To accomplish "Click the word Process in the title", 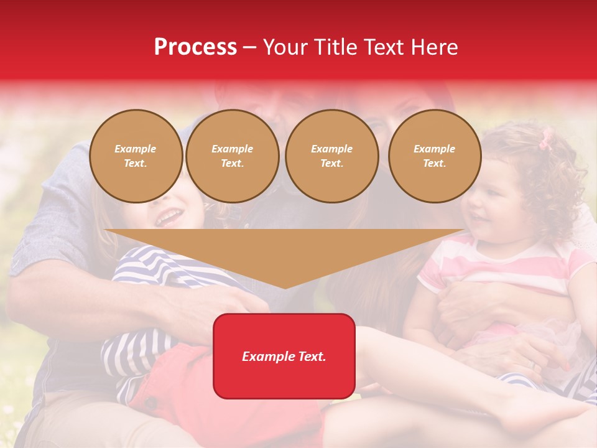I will pos(195,47).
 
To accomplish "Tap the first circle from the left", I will pos(136,156).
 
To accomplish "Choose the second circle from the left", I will pos(232,156).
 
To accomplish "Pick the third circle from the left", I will pos(331,156).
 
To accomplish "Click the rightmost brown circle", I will pos(434,156).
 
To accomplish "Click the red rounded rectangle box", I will pos(284,356).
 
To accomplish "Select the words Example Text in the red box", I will pos(284,357).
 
